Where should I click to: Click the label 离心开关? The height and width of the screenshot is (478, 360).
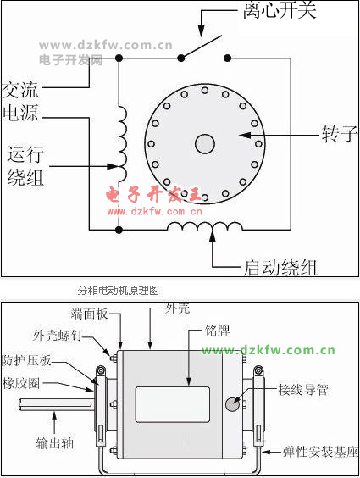[280, 10]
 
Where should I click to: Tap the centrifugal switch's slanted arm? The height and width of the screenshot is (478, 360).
[201, 47]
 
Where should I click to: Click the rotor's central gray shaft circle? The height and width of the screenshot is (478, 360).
[205, 144]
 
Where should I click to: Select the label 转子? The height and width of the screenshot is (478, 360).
[340, 135]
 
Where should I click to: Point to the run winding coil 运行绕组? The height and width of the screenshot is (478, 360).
[123, 143]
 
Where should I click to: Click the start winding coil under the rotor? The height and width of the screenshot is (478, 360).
[205, 226]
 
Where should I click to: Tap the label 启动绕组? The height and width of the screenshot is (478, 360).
[280, 268]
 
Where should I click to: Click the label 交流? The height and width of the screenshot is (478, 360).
[20, 90]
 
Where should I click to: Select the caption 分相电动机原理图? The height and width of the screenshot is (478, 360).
[119, 290]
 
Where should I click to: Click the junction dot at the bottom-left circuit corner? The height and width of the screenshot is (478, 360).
[119, 230]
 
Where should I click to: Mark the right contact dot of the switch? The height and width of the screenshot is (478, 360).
[227, 58]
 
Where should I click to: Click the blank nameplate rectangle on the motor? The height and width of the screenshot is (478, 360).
[173, 404]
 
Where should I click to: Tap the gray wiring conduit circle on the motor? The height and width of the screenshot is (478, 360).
[232, 404]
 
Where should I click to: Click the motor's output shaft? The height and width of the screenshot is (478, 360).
[57, 405]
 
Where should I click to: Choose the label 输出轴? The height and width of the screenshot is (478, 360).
[55, 443]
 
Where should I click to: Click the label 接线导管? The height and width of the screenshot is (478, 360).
[303, 390]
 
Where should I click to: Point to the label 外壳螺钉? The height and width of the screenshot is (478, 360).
[58, 336]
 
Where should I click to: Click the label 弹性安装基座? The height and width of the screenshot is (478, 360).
[321, 452]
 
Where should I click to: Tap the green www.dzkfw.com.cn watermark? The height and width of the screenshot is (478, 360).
[268, 350]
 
